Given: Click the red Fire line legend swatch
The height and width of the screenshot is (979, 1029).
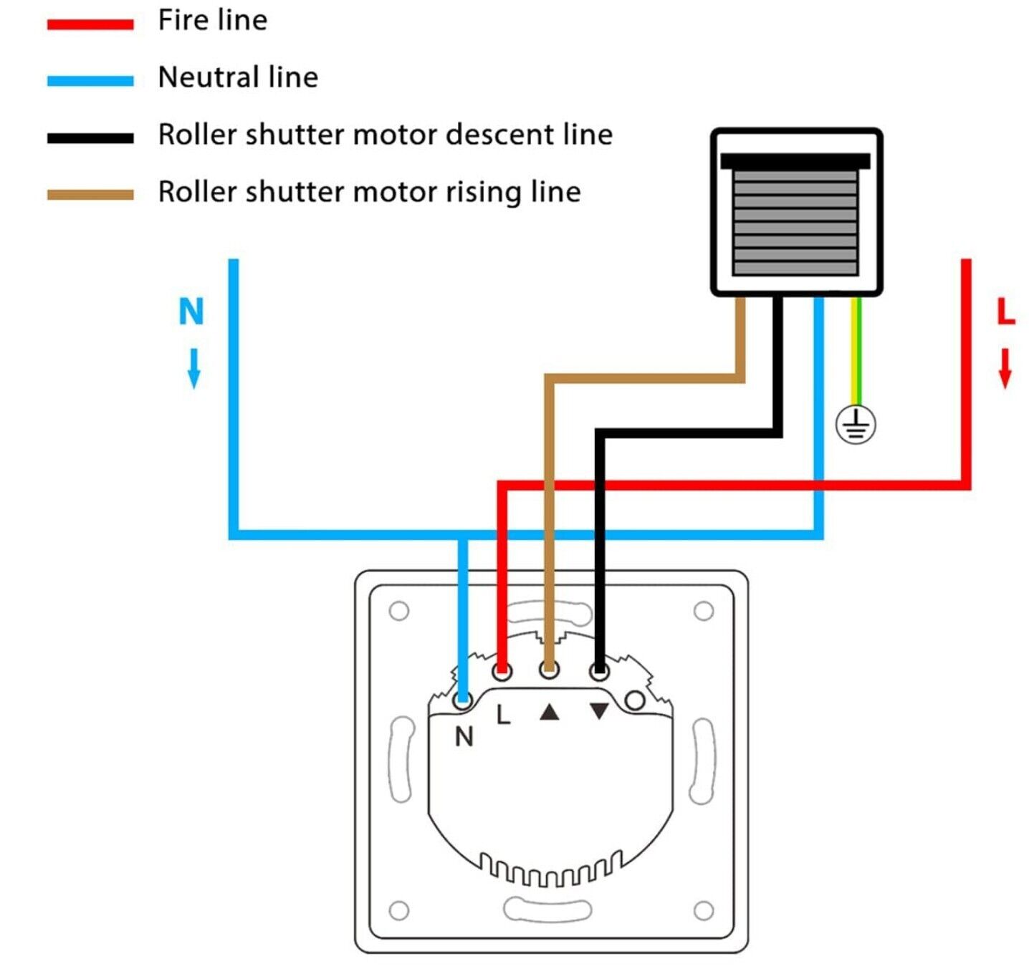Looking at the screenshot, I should [90, 24].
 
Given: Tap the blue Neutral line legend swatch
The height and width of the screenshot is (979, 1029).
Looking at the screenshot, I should [90, 81].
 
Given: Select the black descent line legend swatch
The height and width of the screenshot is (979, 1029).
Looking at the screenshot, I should [90, 138].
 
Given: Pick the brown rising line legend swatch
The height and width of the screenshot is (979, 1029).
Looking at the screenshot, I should [90, 195].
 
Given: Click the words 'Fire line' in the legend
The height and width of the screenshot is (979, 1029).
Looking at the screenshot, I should [213, 20].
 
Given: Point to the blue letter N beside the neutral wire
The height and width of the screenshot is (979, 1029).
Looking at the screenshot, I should [191, 312].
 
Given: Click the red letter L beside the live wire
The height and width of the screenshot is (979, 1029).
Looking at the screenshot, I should [1006, 312].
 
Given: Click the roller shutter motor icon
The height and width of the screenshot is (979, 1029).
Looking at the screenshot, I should [796, 212].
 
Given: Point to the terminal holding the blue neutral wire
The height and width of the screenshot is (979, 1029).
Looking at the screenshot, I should [463, 700].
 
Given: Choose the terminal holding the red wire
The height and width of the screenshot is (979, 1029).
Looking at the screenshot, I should [502, 671].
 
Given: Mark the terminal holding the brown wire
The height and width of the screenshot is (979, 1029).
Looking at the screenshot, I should [549, 670].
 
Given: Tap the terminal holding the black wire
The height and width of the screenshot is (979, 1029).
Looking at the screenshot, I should [600, 671].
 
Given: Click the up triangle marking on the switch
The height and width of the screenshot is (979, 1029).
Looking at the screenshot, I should [549, 712].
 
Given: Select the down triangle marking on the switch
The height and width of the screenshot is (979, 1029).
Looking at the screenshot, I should [599, 711].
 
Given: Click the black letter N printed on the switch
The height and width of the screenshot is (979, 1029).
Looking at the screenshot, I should [464, 736].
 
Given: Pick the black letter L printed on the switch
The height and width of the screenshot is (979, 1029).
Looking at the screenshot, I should [504, 714].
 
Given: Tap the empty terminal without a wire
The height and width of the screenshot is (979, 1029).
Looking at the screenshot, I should [635, 700].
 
